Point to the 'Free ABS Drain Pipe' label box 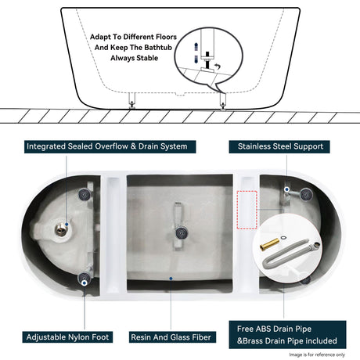[x=285, y=335]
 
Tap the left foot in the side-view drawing [x=132, y=100]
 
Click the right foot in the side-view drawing [x=223, y=100]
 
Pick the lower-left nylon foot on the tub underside [x=83, y=278]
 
